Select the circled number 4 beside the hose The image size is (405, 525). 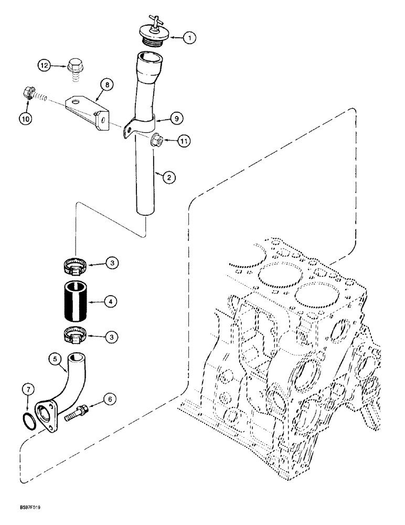(111, 302)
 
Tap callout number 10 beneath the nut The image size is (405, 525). (26, 119)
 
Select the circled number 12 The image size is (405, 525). (45, 66)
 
